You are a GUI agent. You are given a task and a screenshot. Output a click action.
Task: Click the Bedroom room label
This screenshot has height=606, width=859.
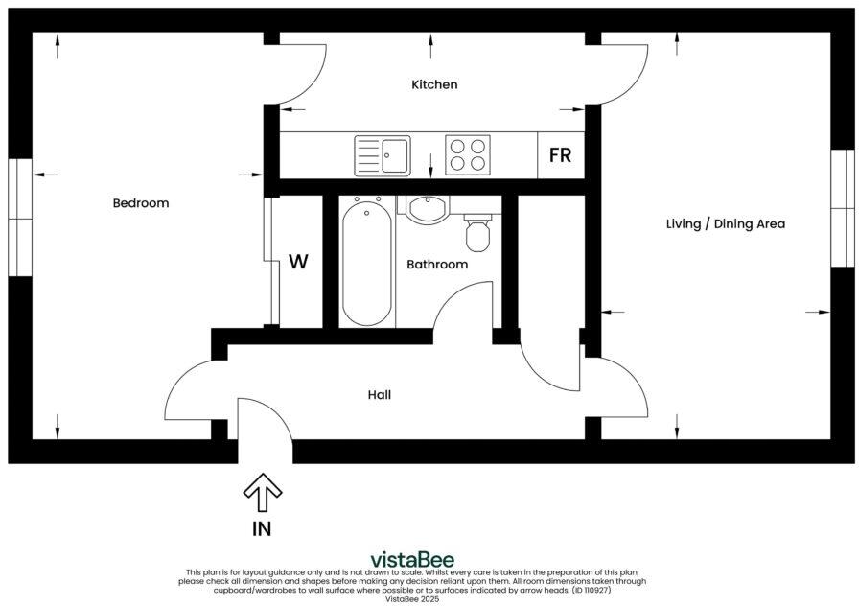coord(141,203)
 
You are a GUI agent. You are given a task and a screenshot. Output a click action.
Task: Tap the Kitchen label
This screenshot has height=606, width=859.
coord(434,84)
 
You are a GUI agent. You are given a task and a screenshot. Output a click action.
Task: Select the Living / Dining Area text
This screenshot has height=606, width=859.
coord(725,223)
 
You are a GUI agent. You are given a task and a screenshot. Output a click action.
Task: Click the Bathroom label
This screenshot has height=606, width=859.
coord(437,264)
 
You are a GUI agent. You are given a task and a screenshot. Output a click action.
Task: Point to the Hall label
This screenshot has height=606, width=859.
coord(380,394)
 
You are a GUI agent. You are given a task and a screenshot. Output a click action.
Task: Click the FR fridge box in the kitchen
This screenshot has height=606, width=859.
coord(560,155)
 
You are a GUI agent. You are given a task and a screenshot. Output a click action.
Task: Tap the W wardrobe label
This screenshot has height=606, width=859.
coord(299,262)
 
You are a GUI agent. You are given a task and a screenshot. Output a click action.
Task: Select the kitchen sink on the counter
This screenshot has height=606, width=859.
coord(383,155)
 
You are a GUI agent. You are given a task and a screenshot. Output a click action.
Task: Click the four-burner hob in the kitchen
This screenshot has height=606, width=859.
coord(468,155)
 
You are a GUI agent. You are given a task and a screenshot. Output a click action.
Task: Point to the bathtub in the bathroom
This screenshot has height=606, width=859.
coord(367,261)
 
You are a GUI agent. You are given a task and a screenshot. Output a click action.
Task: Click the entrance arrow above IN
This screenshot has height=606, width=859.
coord(262,494)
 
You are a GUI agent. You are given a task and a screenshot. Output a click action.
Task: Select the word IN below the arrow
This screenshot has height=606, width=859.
coord(262,528)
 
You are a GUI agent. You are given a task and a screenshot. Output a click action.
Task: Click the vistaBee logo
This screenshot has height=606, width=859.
coord(412,560)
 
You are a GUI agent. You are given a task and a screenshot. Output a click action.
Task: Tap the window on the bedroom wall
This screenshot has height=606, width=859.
coord(20,216)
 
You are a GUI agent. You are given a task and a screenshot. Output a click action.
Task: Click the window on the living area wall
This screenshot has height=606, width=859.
coord(842,206)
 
